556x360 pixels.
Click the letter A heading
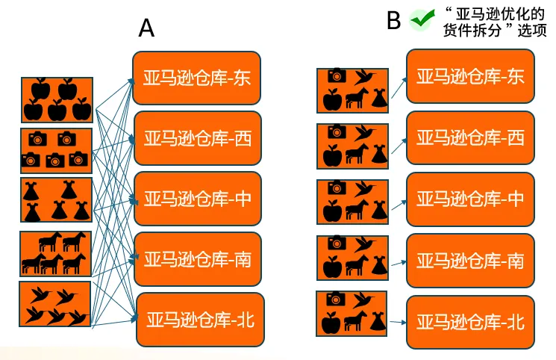click(x=147, y=28)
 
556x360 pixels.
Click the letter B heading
click(x=394, y=20)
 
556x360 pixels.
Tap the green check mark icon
click(x=422, y=20)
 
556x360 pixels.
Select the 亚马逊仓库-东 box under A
click(x=197, y=78)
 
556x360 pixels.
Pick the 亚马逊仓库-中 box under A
click(x=197, y=199)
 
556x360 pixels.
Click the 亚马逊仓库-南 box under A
click(x=197, y=260)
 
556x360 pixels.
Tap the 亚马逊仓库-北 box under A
click(x=201, y=320)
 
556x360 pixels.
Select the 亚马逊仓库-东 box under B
click(x=470, y=76)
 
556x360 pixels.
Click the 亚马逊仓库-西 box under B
click(x=470, y=137)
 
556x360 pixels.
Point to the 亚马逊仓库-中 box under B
click(x=470, y=199)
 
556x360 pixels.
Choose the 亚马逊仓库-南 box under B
click(x=470, y=260)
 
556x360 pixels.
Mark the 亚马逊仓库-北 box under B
click(x=470, y=322)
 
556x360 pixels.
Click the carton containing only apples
click(x=57, y=99)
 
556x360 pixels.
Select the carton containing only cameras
click(x=57, y=150)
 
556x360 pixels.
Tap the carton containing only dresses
click(x=57, y=200)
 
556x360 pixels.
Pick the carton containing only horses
click(x=57, y=254)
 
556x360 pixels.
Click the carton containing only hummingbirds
click(x=55, y=305)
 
